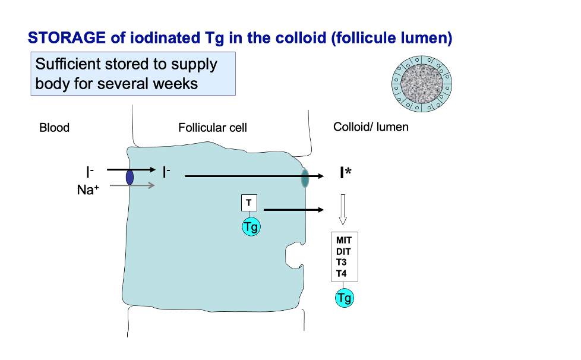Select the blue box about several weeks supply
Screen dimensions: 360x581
pos(133,74)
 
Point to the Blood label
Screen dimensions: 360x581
pos(54,128)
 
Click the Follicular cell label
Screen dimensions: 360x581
pos(212,128)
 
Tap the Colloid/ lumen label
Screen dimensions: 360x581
pos(371,127)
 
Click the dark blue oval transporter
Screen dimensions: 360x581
pos(130,177)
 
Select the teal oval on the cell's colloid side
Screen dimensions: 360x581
pos(305,178)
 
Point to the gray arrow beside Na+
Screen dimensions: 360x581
pos(132,185)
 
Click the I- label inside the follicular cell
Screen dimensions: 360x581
pos(166,173)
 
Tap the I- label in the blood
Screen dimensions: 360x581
pos(90,173)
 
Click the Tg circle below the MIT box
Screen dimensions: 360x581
pos(344,298)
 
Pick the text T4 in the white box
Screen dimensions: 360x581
pos(342,274)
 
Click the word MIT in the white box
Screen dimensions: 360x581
pos(344,241)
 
